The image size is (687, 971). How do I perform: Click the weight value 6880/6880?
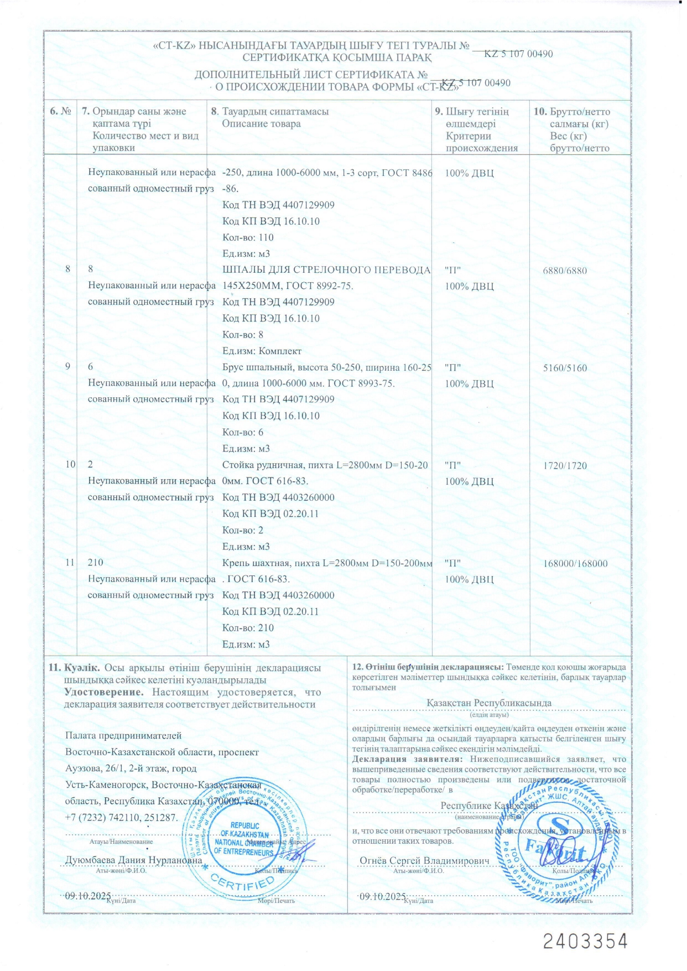(565, 271)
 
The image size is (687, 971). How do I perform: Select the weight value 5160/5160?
(565, 368)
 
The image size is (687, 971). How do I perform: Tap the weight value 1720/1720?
(565, 465)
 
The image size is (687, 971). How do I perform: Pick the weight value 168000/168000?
(575, 563)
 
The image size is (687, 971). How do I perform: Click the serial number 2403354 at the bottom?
(585, 941)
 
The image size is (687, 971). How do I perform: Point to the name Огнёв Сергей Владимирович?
(424, 860)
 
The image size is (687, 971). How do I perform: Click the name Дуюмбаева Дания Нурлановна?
(134, 860)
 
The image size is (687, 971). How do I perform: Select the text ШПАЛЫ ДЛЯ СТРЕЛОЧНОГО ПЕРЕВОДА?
(326, 270)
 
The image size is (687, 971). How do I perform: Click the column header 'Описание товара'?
(261, 123)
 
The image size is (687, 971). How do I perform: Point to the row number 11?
(70, 562)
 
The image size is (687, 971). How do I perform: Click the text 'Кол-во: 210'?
(248, 628)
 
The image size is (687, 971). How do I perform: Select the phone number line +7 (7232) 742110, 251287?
(122, 817)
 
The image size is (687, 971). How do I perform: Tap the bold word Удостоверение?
(103, 692)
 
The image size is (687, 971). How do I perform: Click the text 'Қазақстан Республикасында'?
(489, 703)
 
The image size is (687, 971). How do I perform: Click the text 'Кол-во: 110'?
(248, 237)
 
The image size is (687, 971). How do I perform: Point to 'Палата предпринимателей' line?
(123, 736)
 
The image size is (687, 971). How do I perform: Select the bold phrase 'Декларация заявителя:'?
(407, 759)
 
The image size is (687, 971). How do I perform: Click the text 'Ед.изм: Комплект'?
(262, 351)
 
